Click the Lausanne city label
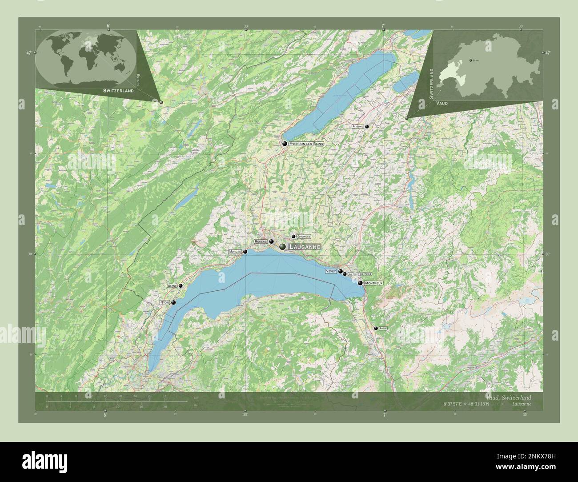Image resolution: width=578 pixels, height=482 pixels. pyautogui.click(x=304, y=247)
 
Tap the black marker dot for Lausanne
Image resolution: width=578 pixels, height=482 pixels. pyautogui.click(x=282, y=247)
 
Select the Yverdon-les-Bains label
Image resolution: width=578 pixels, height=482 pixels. pyautogui.click(x=306, y=144)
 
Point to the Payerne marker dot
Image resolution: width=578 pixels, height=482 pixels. pyautogui.click(x=367, y=127)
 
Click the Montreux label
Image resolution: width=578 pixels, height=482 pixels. pyautogui.click(x=373, y=283)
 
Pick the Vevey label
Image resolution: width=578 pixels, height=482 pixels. pyautogui.click(x=331, y=271)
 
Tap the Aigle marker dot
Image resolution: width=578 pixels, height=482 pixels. pyautogui.click(x=376, y=328)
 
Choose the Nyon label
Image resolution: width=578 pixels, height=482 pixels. pyautogui.click(x=165, y=302)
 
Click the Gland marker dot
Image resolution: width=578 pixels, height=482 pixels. pyautogui.click(x=181, y=286)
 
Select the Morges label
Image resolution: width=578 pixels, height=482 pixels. pyautogui.click(x=235, y=252)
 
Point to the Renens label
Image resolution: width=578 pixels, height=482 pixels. pyautogui.click(x=261, y=241)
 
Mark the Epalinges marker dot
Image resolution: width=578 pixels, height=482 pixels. pyautogui.click(x=293, y=237)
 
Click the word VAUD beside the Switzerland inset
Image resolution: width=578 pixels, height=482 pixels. pyautogui.click(x=442, y=103)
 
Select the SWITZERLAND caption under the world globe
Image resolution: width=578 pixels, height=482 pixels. pyautogui.click(x=118, y=91)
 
